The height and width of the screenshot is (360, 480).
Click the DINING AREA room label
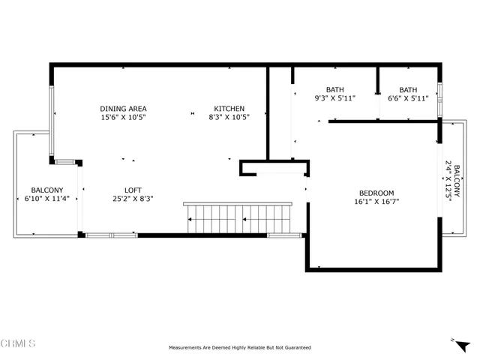click(123, 108)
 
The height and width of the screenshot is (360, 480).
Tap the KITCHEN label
click(229, 108)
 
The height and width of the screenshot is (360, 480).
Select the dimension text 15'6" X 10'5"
click(123, 117)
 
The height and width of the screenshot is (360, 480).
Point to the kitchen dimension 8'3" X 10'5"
click(229, 117)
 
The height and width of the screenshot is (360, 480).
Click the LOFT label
click(133, 190)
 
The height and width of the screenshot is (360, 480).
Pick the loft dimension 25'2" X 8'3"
click(133, 199)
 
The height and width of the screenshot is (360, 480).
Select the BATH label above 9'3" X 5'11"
click(334, 89)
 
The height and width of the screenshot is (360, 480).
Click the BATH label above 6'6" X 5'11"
click(408, 89)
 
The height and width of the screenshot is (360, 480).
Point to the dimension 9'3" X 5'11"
click(334, 98)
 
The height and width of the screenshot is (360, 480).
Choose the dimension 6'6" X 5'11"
click(408, 98)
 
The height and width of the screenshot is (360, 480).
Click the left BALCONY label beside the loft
click(46, 190)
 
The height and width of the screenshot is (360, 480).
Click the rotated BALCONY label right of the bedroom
click(456, 181)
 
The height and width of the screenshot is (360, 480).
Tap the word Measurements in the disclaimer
click(187, 348)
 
